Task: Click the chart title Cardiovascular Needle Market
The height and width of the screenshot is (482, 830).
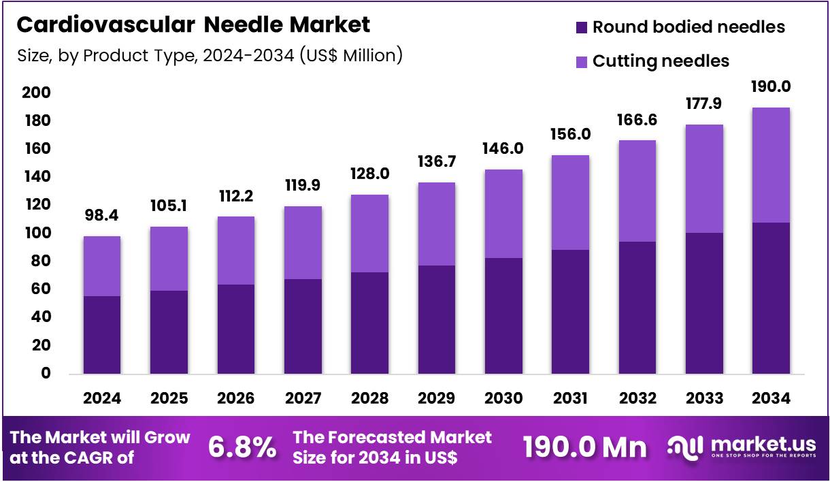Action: tap(193, 25)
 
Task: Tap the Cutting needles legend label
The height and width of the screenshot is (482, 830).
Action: tap(660, 61)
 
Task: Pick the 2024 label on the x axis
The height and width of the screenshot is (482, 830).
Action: tap(102, 399)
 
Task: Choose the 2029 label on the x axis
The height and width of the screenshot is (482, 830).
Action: tap(436, 399)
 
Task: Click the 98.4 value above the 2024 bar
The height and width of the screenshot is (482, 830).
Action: tap(102, 215)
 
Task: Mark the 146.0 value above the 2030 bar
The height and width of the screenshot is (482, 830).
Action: tap(503, 148)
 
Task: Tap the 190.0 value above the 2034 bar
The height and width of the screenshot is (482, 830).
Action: tap(771, 86)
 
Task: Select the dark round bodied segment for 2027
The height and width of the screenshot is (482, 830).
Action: tap(303, 327)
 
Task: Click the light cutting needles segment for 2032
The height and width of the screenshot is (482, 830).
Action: tap(637, 191)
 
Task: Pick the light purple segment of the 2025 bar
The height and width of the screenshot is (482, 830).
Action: tap(169, 259)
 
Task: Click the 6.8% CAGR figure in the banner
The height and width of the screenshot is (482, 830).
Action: tap(242, 447)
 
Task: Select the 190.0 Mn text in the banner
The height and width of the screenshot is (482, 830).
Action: tap(584, 447)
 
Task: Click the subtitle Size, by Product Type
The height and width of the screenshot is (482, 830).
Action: tap(209, 55)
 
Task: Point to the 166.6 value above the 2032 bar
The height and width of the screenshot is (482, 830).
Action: tap(637, 120)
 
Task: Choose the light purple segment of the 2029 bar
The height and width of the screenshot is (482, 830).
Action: tap(436, 224)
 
